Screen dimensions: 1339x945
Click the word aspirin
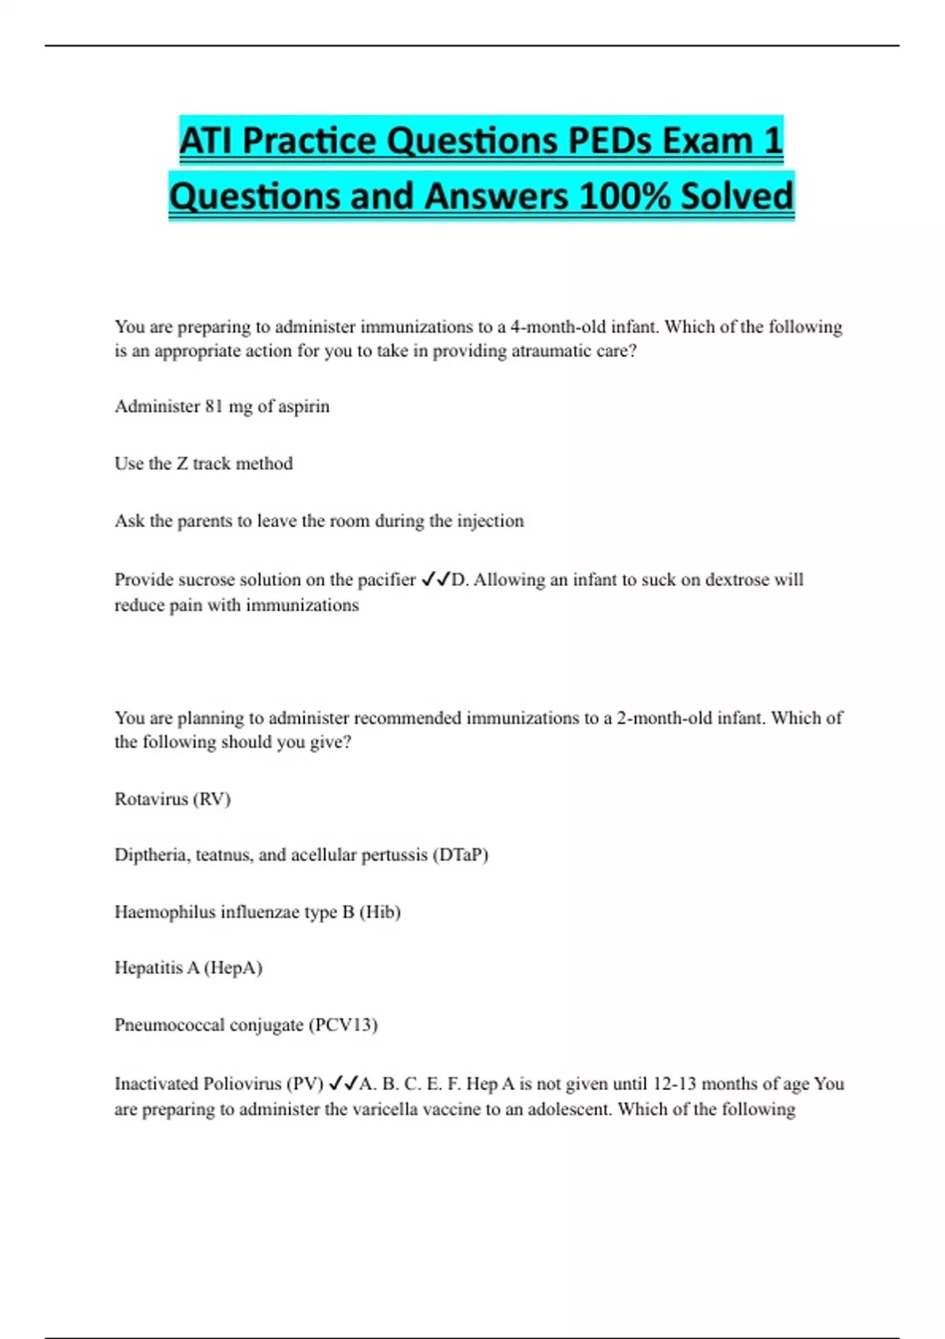[303, 407]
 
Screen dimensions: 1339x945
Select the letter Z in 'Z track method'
[182, 464]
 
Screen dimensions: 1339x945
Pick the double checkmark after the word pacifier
[435, 580]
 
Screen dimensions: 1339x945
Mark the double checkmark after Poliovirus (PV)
[343, 1085]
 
